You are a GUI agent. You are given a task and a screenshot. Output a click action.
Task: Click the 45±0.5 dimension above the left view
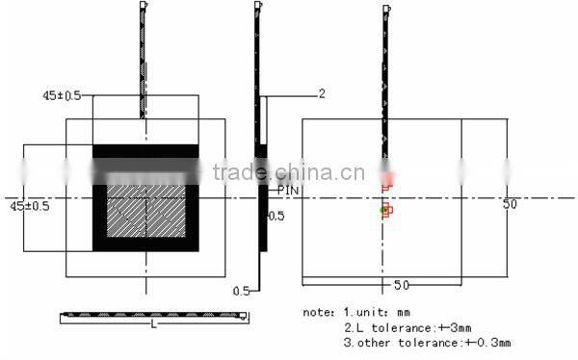(61, 96)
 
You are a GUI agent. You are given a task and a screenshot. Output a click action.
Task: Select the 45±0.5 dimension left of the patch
(29, 206)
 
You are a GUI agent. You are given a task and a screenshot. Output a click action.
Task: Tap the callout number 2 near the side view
(322, 93)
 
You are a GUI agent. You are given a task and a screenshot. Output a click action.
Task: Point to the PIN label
(288, 191)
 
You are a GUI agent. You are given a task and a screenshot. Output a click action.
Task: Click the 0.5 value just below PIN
(276, 217)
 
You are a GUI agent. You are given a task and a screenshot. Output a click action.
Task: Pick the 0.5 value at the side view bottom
(242, 290)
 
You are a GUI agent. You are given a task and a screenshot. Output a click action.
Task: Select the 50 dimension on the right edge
(511, 205)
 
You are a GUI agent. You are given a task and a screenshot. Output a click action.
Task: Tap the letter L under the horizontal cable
(153, 324)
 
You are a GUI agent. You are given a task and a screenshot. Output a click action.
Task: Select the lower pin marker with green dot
(386, 210)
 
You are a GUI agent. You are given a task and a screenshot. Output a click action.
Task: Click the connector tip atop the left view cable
(144, 6)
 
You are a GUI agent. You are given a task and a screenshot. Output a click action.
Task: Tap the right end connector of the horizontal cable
(243, 316)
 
